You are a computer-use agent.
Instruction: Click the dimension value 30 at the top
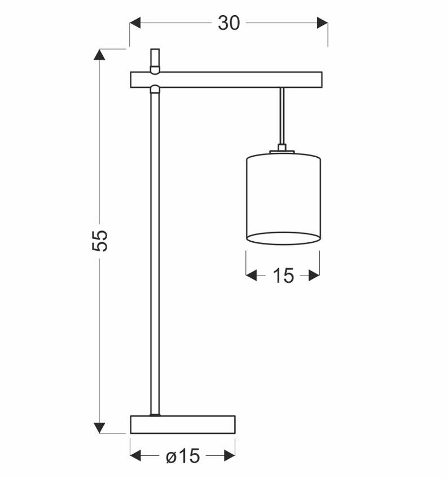tap(229, 23)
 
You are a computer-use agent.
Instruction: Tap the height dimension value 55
tap(99, 241)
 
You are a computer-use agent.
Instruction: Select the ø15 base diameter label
tap(183, 455)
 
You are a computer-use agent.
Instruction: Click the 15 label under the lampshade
tap(283, 276)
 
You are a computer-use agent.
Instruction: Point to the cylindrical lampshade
tap(283, 194)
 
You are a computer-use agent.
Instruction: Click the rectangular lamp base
tap(182, 424)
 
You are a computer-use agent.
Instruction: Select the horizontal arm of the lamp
tap(226, 80)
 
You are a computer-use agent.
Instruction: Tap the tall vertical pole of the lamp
tap(155, 254)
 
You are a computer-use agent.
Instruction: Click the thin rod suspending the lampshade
tap(282, 118)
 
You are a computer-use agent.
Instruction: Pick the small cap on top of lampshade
tap(282, 150)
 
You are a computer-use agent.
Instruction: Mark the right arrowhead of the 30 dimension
tap(322, 23)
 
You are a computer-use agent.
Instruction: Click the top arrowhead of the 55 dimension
tap(99, 55)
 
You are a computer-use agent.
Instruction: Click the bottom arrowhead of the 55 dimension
tap(99, 428)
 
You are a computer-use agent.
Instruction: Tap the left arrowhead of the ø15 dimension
tap(136, 455)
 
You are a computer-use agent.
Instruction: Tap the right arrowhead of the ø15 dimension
tap(229, 455)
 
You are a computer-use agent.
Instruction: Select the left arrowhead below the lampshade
tap(252, 276)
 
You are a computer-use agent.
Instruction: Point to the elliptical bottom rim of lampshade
tap(283, 238)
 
